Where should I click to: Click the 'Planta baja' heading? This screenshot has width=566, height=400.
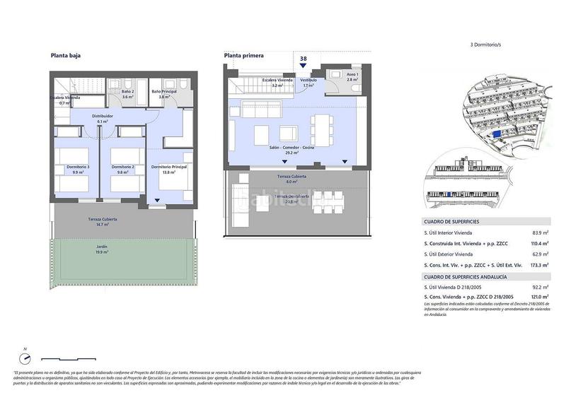click(x=65, y=54)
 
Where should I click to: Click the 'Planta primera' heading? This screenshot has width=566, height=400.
click(x=243, y=54)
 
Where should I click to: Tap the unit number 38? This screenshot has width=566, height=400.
click(x=303, y=59)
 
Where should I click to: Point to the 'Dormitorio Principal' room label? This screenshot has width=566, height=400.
click(x=169, y=167)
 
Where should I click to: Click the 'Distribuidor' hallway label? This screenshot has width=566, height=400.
click(x=103, y=117)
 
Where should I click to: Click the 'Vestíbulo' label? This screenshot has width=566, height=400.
click(x=308, y=81)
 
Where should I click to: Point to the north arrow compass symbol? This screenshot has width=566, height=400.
click(x=25, y=357)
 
